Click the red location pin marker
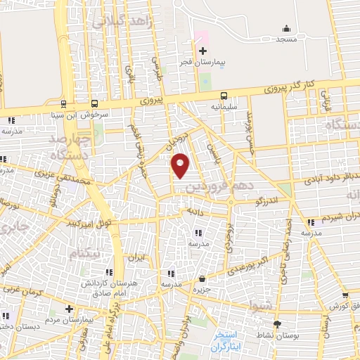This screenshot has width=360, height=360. [181, 165]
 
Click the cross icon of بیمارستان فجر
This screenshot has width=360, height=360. [202, 51]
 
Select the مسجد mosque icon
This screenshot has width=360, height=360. [286, 29]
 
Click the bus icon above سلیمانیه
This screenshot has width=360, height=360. [224, 96]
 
